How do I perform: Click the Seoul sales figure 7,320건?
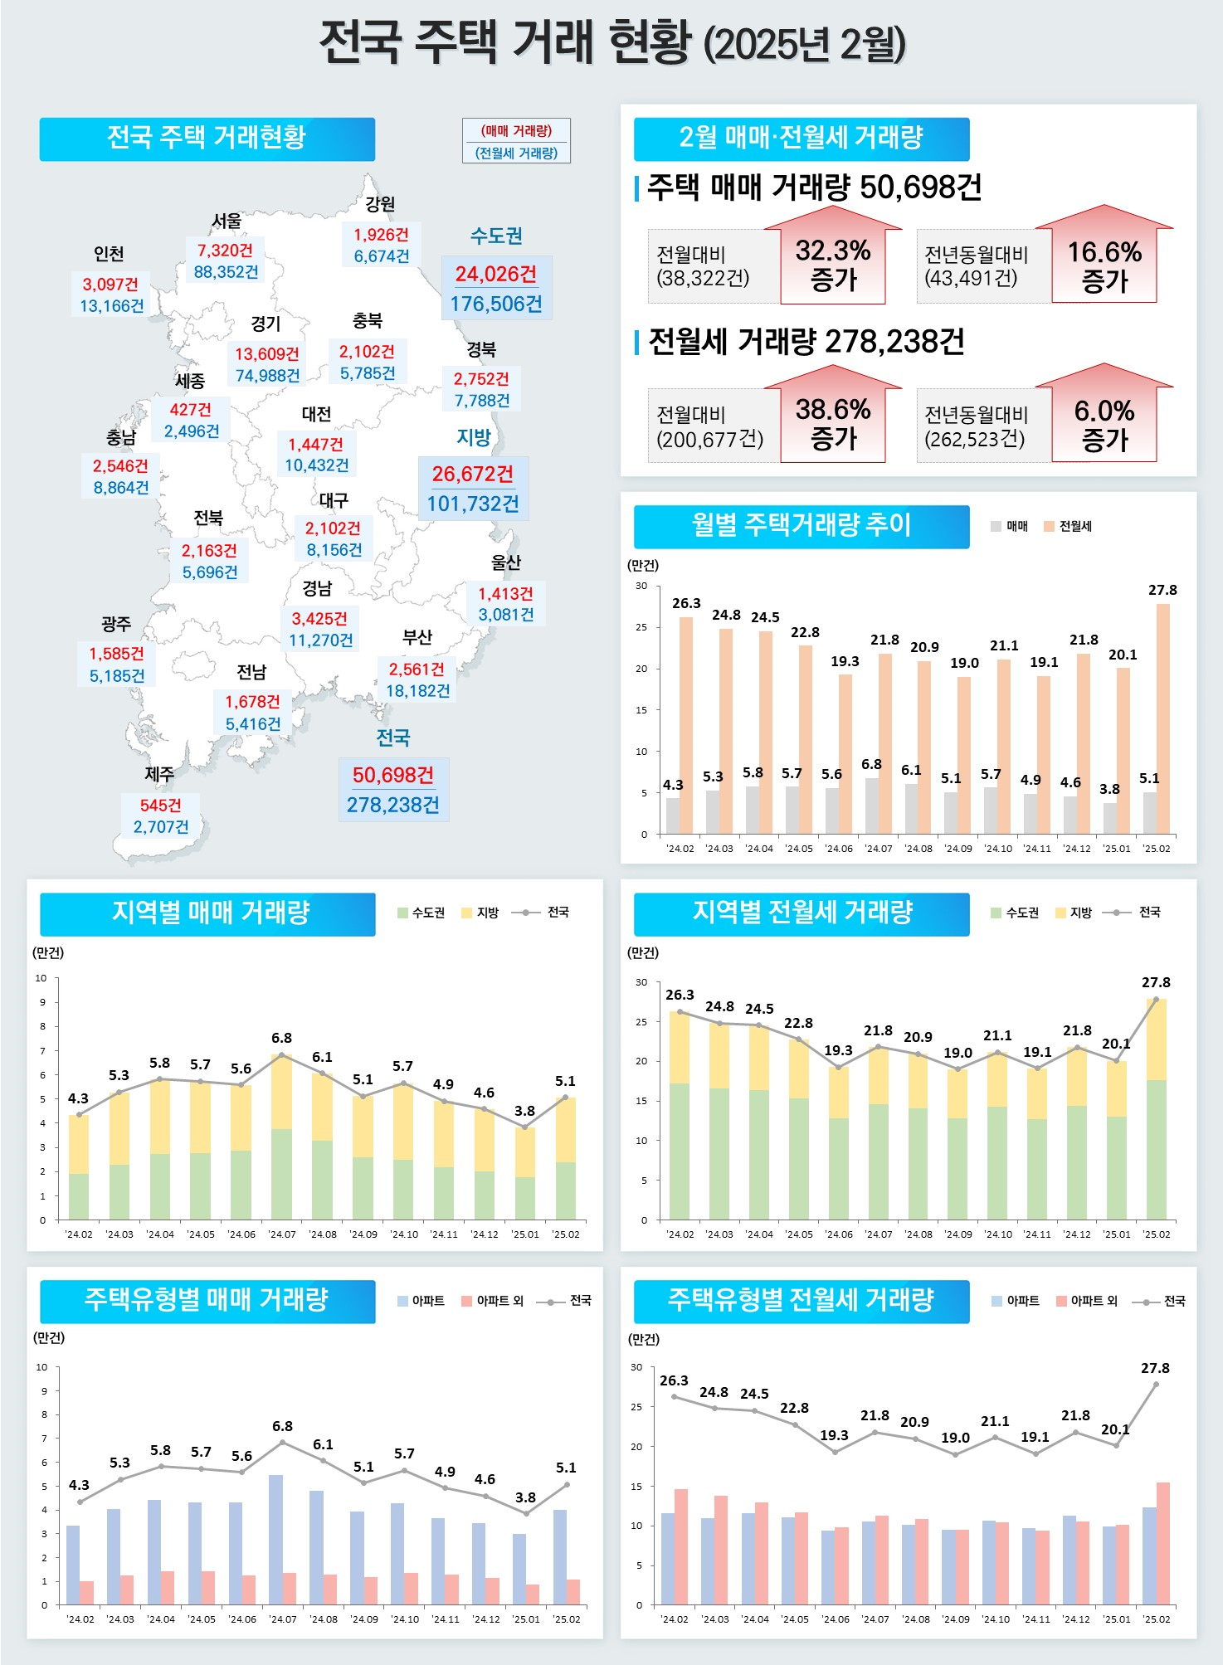click(x=225, y=250)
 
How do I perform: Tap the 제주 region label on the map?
click(x=159, y=774)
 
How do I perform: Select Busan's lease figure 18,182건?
click(x=417, y=691)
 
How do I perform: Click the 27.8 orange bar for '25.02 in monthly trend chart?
click(x=1163, y=718)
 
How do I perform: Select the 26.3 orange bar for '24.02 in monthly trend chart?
click(x=686, y=726)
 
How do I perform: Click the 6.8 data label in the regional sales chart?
click(x=281, y=1038)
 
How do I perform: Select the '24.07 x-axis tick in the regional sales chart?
click(x=282, y=1234)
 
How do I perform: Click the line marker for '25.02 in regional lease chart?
click(x=1156, y=1000)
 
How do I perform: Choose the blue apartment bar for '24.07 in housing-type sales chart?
click(x=275, y=1540)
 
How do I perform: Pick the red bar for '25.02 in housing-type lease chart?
click(x=1163, y=1543)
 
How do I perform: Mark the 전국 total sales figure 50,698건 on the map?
click(x=393, y=775)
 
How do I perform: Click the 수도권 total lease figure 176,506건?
click(x=496, y=304)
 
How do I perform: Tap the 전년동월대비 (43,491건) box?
click(x=977, y=266)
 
